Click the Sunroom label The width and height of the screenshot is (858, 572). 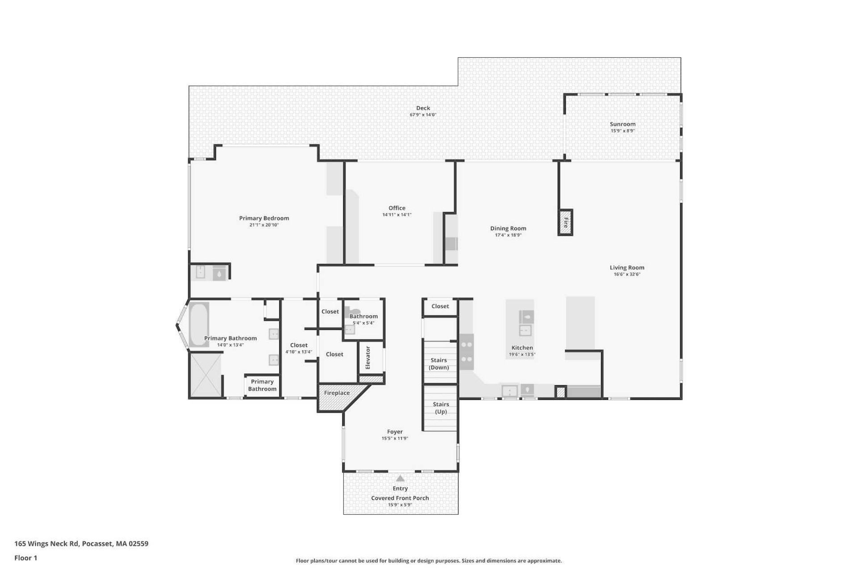[622, 124]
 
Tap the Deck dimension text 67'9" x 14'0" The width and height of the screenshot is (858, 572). [423, 115]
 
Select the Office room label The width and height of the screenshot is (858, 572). [397, 208]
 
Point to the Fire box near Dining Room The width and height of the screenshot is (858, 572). [565, 223]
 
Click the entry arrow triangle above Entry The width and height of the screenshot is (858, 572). [400, 479]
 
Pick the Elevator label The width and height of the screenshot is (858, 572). [368, 357]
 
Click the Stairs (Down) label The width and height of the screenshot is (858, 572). [439, 364]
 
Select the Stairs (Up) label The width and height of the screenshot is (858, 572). [441, 408]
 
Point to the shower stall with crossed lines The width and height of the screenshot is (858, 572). [206, 374]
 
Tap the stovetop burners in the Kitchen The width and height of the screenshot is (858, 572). [467, 352]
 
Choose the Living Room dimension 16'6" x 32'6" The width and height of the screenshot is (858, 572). [627, 274]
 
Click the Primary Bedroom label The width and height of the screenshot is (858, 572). [264, 218]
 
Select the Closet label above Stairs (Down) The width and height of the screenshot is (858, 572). [440, 306]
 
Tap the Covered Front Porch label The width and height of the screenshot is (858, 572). [400, 498]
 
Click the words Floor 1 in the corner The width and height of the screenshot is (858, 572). [26, 558]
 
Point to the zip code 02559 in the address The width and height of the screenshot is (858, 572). [139, 544]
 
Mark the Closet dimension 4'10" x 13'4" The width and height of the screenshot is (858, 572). [299, 352]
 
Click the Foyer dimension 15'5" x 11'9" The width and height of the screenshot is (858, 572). [395, 438]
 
